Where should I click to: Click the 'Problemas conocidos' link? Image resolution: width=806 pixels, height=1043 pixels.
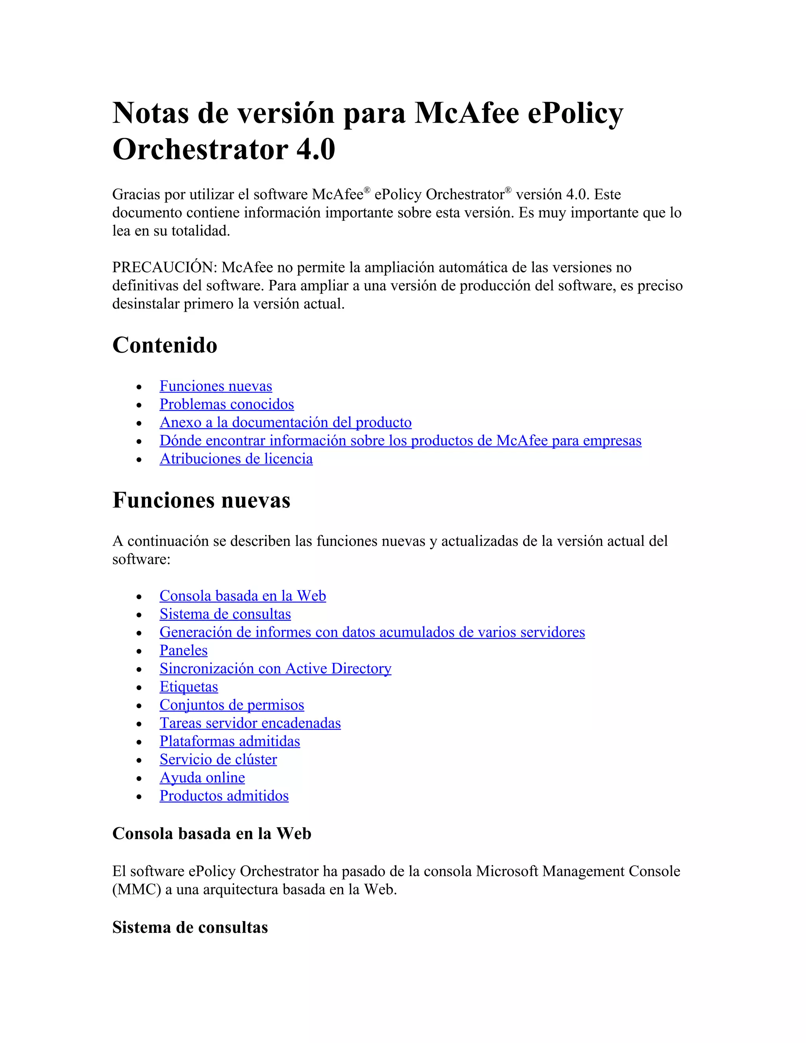point(226,405)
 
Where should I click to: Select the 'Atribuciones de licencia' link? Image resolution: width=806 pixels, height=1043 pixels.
point(236,459)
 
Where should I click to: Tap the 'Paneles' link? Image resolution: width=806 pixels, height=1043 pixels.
point(183,651)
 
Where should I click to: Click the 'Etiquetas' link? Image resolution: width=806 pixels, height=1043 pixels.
point(189,687)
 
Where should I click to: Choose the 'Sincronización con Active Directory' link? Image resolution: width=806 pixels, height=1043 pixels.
point(275,669)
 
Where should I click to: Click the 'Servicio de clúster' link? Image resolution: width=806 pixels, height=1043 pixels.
point(218,759)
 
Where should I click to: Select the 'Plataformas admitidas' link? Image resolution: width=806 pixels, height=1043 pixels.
point(230,741)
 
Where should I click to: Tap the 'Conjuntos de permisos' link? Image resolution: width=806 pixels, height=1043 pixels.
point(231,705)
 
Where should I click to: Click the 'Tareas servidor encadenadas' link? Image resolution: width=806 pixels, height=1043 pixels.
point(250,723)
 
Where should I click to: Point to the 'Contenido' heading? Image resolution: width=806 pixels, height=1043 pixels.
point(165,345)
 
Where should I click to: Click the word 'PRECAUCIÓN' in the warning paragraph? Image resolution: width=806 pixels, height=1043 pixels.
point(164,267)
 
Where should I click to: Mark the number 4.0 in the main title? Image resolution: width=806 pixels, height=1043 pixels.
point(316,149)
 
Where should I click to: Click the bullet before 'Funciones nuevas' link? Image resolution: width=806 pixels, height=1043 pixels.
point(139,387)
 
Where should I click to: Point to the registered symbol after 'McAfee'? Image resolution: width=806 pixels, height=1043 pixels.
point(367,190)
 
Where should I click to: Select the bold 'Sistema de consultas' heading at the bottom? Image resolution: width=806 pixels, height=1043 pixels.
point(190,927)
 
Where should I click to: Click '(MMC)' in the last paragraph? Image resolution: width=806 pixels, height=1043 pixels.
point(136,890)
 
